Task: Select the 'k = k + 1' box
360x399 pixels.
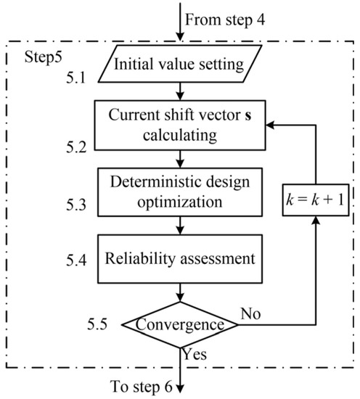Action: [317, 218]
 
